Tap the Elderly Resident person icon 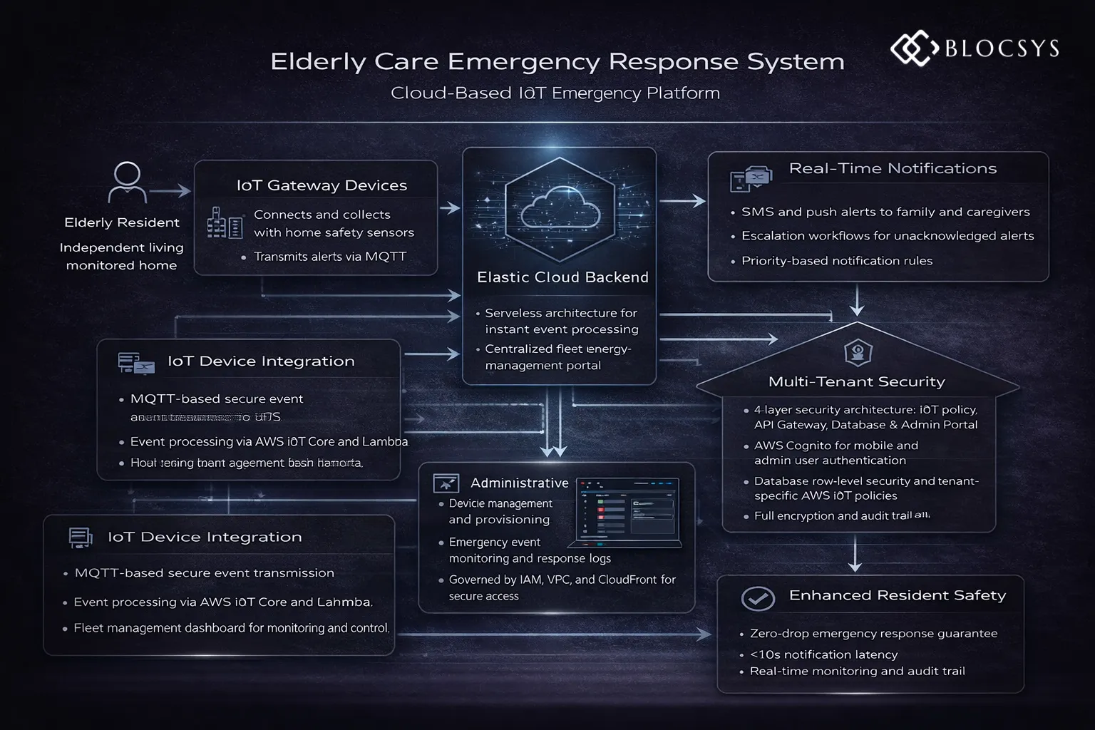coord(127,183)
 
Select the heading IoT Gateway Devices coord(322,185)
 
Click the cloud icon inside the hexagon coord(560,207)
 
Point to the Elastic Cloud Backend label coord(562,277)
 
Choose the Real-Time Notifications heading coord(893,168)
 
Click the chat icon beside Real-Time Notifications coord(751,178)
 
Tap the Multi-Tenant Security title coord(856,381)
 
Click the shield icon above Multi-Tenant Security coord(858,352)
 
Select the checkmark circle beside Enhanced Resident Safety coord(758,598)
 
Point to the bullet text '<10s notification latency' coord(823,654)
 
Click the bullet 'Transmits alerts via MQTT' coord(330,257)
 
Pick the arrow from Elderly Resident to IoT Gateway coord(170,191)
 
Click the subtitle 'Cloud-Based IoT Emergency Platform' coord(555,93)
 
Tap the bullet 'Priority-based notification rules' coord(836,261)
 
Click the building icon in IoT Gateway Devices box coord(224,223)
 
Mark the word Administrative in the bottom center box coord(519,483)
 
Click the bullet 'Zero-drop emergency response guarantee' coord(873,634)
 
